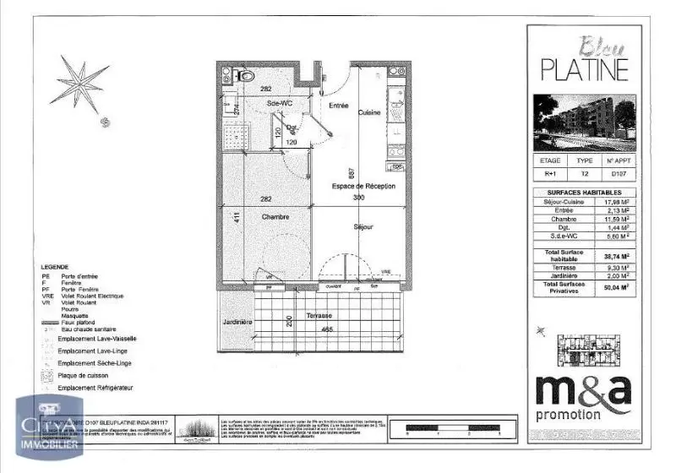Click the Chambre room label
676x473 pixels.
point(275,216)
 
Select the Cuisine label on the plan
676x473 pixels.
point(368,112)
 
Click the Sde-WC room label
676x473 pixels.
point(278,103)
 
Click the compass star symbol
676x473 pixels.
point(83,82)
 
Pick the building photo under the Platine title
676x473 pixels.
point(582,118)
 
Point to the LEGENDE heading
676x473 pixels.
point(56,265)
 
